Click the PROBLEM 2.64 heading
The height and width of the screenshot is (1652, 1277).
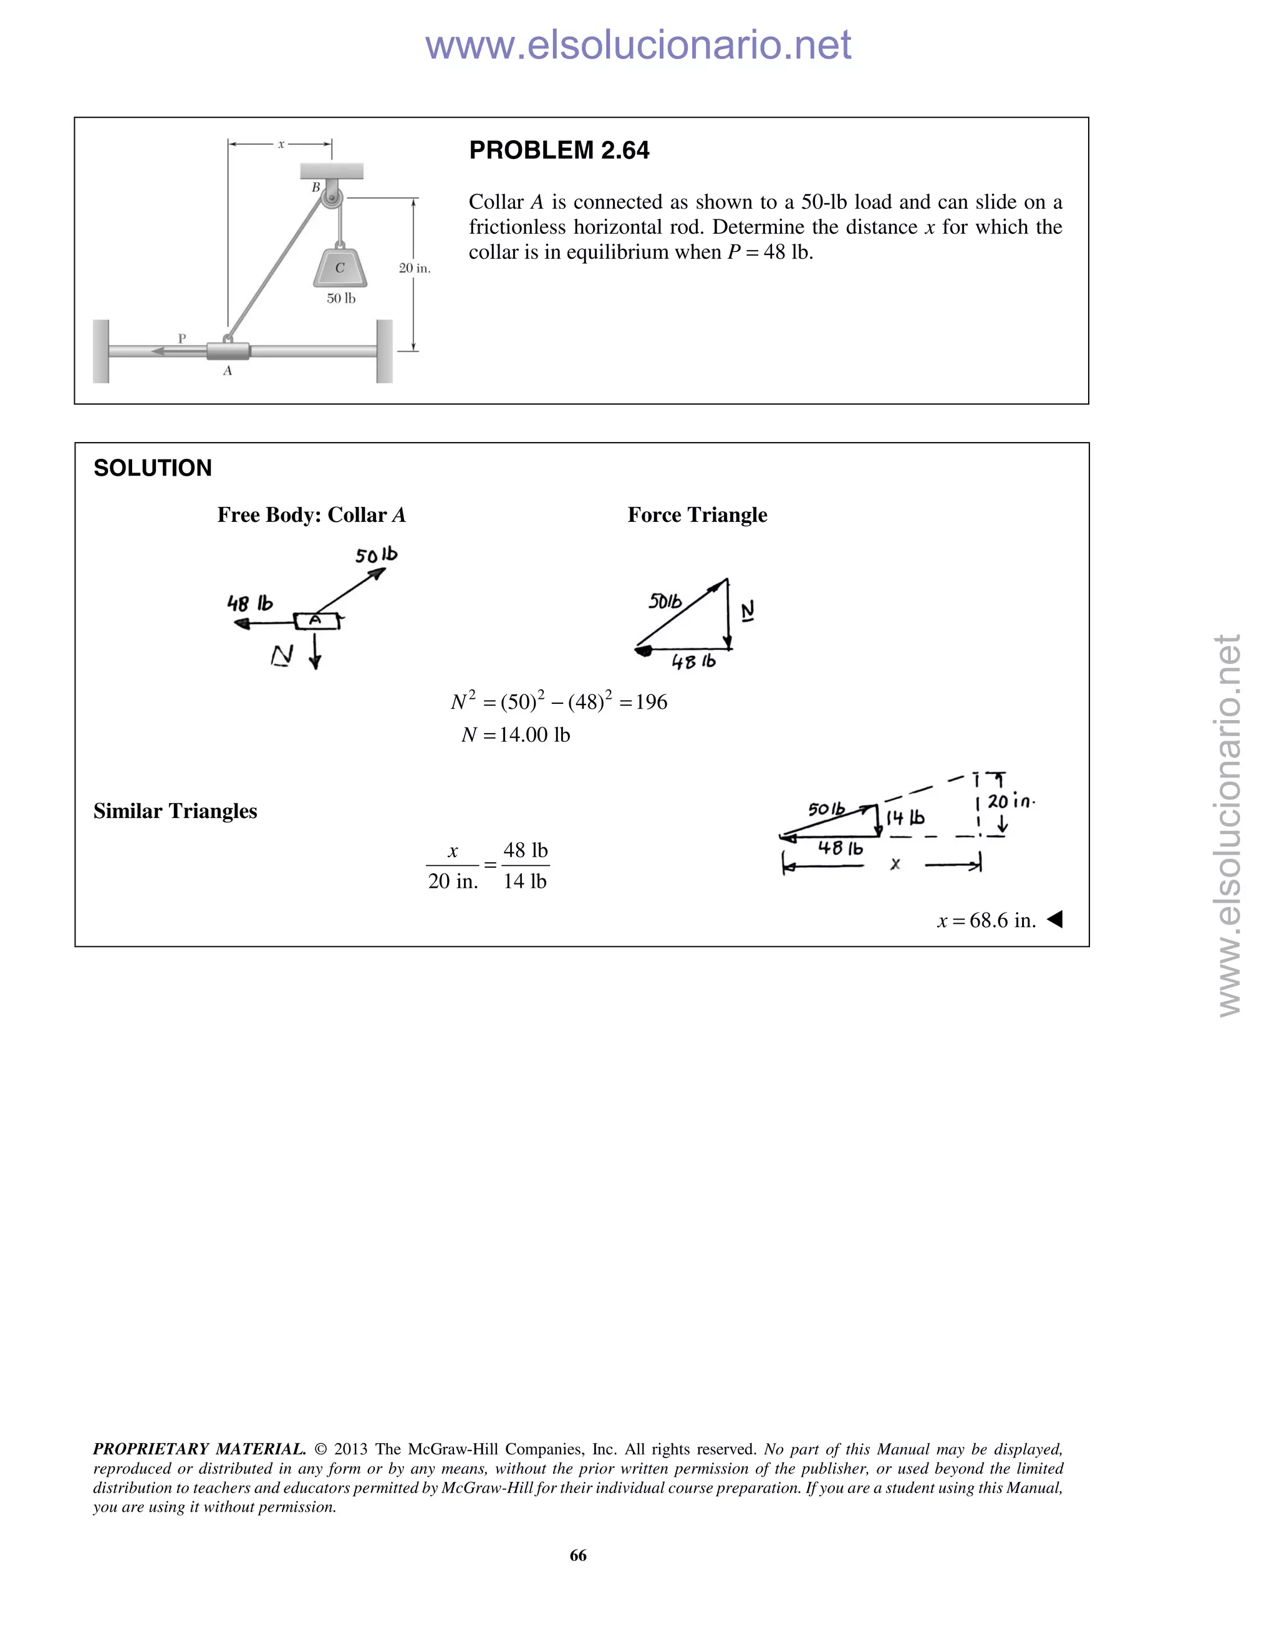(x=559, y=150)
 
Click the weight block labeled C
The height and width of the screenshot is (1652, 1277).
(x=340, y=267)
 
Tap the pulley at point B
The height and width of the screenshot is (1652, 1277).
(x=331, y=199)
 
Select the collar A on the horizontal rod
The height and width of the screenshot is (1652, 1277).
(x=228, y=352)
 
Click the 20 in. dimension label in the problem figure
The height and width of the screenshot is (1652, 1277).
(x=415, y=268)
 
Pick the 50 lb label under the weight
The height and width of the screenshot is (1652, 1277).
(x=341, y=299)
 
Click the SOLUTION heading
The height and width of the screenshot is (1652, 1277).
(x=153, y=468)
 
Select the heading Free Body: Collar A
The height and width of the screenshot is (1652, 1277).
(x=311, y=515)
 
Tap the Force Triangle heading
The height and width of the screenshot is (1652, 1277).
(x=696, y=515)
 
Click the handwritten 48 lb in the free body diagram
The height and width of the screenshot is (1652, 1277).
(x=249, y=603)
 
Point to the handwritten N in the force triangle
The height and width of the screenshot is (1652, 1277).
(x=748, y=611)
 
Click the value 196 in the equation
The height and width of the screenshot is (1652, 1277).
(x=652, y=702)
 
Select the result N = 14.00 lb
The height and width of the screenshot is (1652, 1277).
(x=516, y=734)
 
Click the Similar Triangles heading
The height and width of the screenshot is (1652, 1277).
(x=175, y=811)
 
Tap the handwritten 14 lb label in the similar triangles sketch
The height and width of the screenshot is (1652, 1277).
(x=905, y=819)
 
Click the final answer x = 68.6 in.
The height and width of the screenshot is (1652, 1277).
(x=986, y=921)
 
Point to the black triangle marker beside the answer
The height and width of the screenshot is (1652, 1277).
(x=1054, y=920)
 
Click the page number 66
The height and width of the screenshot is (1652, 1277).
(x=578, y=1555)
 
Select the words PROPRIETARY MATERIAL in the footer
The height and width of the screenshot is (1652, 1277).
(x=199, y=1449)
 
